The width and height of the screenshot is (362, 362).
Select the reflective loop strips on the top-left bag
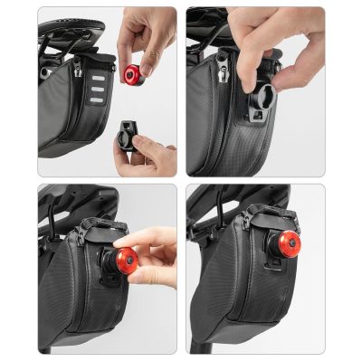click(91, 80)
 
